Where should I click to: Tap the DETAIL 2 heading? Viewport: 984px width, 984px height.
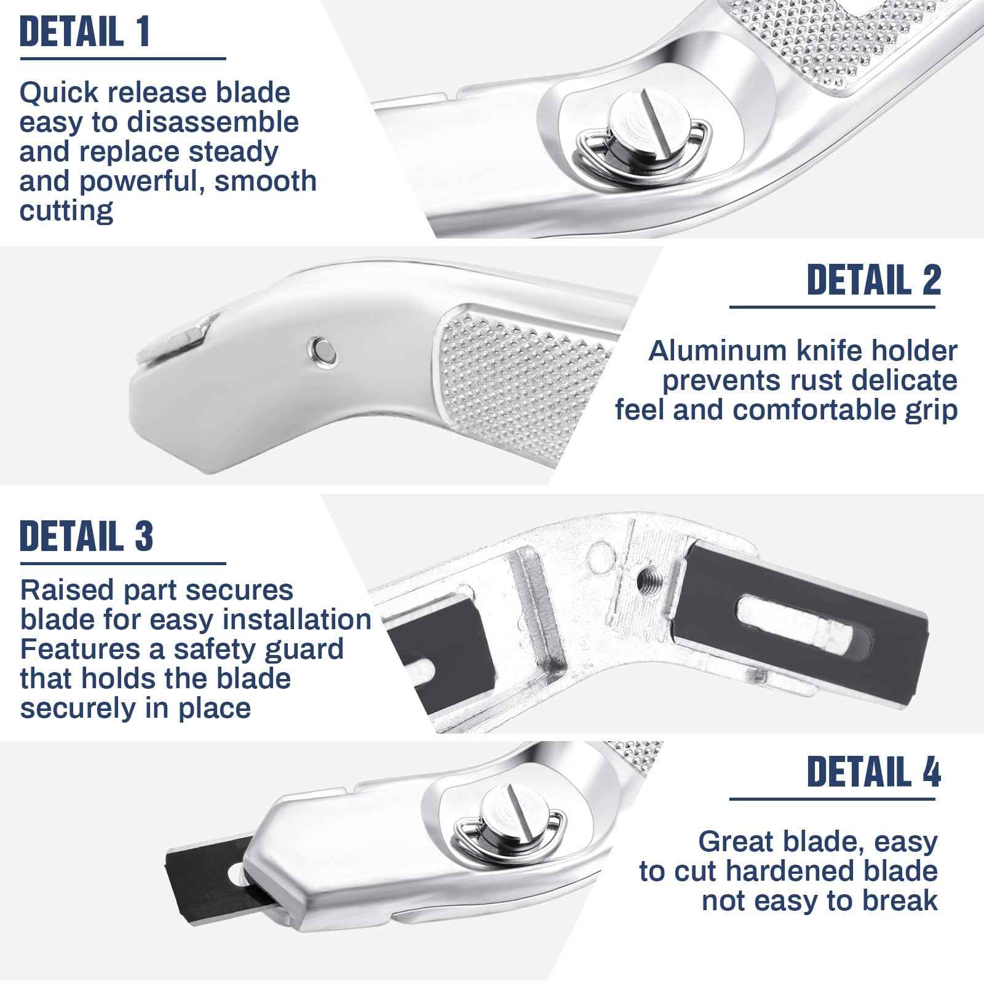tap(874, 280)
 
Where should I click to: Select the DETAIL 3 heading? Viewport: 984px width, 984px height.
tap(86, 536)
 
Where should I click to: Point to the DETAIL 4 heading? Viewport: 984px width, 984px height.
tap(874, 771)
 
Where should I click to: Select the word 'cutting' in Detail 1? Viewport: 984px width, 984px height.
tap(66, 211)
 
